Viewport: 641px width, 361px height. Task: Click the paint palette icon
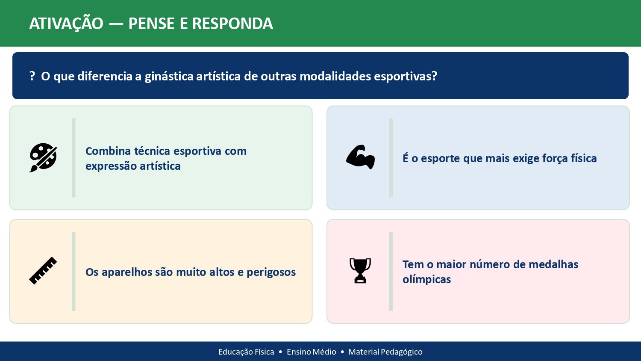click(43, 157)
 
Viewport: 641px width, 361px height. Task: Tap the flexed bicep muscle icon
click(360, 157)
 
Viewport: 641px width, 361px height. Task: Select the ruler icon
click(43, 271)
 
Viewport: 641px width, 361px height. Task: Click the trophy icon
click(360, 271)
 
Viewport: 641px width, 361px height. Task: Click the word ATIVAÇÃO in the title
click(66, 24)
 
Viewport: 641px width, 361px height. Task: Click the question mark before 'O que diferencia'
click(32, 76)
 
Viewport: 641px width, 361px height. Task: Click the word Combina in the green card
click(108, 151)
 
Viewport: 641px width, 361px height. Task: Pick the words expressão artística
click(133, 166)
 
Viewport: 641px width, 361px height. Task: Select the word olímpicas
click(426, 279)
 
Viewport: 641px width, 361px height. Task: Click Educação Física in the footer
click(246, 352)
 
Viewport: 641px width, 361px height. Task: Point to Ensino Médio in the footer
click(311, 352)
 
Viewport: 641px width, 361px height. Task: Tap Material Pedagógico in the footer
click(385, 352)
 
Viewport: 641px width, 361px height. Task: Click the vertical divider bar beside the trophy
click(391, 271)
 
